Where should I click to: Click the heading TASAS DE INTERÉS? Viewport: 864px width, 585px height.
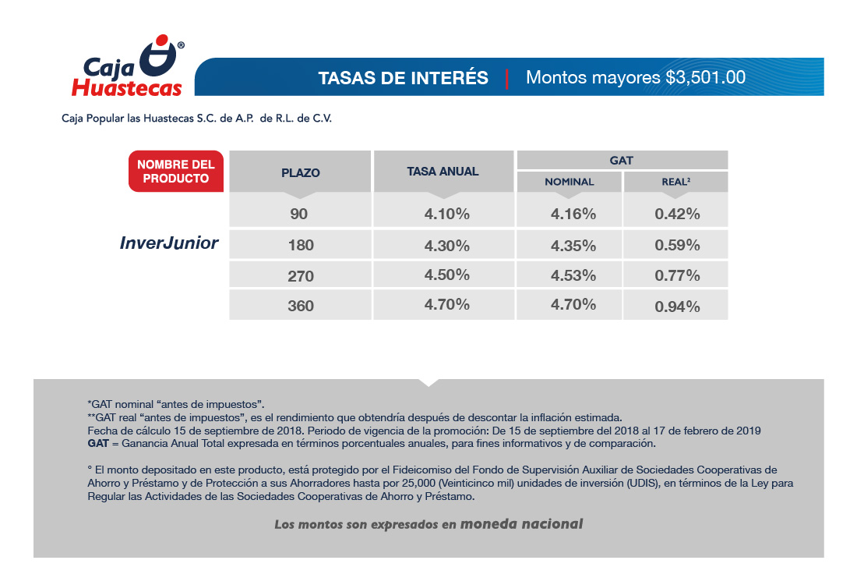click(403, 78)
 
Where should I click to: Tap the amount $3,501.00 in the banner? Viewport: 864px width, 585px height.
click(705, 78)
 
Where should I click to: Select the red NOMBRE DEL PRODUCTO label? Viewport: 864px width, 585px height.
click(175, 172)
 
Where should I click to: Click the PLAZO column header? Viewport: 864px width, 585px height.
click(301, 172)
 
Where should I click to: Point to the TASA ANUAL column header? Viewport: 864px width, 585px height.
click(443, 172)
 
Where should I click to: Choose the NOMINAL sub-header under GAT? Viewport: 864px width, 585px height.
click(569, 182)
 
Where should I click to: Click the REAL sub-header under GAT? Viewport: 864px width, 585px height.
click(675, 182)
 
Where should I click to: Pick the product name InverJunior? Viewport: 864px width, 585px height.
click(169, 243)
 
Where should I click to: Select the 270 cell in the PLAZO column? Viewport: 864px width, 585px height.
click(301, 276)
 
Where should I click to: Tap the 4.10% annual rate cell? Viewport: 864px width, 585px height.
click(446, 214)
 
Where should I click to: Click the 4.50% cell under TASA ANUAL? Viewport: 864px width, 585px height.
click(446, 275)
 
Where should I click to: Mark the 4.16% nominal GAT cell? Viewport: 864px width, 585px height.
click(573, 214)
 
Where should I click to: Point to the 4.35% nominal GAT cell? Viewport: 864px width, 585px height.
click(573, 245)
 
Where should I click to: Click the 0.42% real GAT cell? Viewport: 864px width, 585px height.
click(677, 214)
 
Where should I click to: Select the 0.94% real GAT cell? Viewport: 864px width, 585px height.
click(677, 306)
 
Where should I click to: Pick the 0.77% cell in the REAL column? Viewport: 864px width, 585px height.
click(677, 275)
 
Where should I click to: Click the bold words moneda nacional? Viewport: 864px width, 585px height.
click(521, 523)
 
